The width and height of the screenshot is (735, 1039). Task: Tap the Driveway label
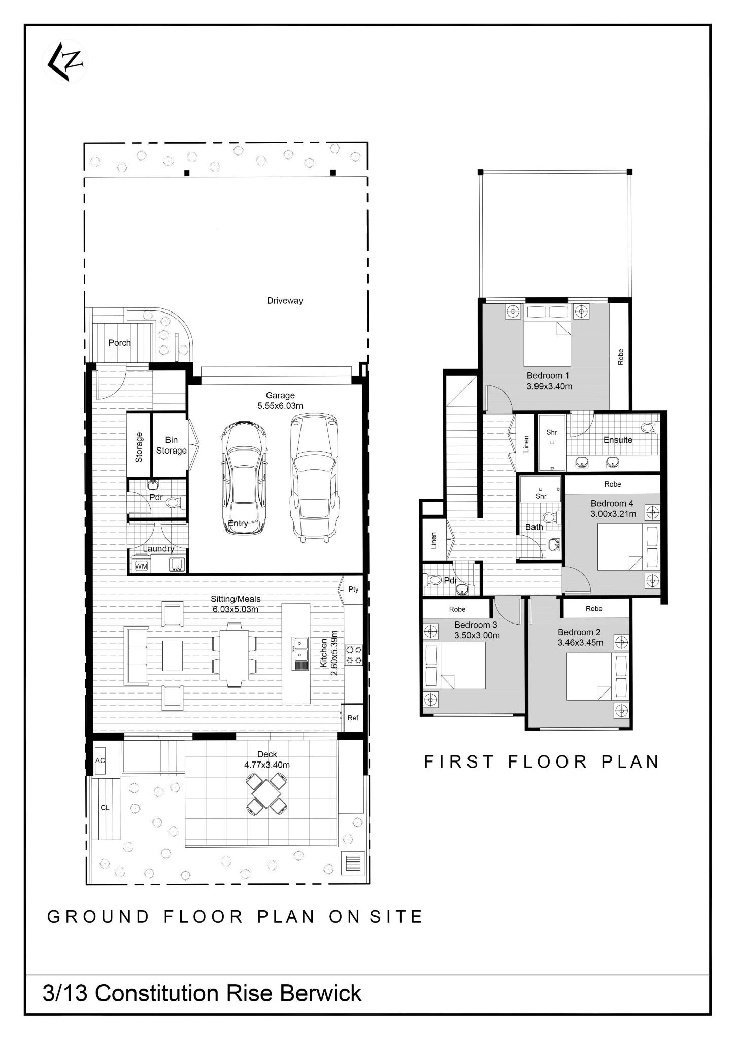285,300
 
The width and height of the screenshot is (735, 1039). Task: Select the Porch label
120,343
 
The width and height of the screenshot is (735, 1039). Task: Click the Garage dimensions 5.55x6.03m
280,406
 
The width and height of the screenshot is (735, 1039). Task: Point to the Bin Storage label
171,445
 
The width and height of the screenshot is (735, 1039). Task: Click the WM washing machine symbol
141,566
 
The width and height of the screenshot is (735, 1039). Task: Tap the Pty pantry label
354,589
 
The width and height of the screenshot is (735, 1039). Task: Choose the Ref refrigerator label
353,718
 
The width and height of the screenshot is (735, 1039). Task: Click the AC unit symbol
100,761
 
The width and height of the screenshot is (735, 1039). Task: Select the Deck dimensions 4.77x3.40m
267,765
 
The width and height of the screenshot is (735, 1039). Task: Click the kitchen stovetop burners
354,654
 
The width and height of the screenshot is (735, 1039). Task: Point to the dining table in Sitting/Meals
234,654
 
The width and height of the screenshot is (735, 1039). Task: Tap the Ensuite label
618,440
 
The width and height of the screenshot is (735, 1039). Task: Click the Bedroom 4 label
612,503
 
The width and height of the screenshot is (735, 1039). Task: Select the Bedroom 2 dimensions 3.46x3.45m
581,643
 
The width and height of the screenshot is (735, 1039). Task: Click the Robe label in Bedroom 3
457,609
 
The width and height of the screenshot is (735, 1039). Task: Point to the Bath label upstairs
534,527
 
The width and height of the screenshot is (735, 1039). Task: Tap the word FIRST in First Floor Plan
459,761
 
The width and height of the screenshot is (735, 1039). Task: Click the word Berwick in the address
321,993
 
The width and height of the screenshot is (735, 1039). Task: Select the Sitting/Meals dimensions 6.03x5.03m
236,609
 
